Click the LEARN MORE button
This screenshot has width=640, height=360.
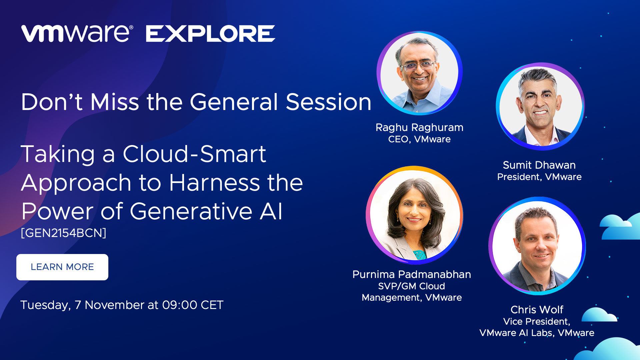tap(62, 267)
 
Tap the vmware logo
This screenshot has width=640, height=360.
tap(77, 33)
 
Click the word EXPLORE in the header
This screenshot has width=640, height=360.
tap(210, 34)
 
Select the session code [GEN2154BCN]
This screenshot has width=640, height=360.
tap(64, 233)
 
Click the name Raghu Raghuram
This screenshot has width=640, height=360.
tap(419, 127)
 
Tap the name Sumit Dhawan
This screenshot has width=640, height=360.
tap(539, 165)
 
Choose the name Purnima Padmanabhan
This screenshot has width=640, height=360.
tap(412, 274)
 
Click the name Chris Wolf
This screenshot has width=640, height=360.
tap(537, 310)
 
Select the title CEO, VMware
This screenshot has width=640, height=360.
tap(419, 139)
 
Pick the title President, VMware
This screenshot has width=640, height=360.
tap(539, 177)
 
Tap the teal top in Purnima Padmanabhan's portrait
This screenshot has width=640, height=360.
tap(420, 255)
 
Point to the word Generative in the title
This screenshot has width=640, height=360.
tap(191, 211)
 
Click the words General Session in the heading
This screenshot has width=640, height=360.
tap(280, 102)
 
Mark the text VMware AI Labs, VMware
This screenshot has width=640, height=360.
tap(537, 333)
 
